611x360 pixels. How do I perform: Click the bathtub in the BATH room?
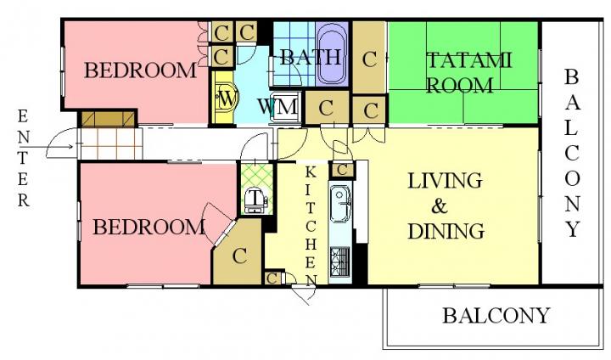[332, 53]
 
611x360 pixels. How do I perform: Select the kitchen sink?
[340, 205]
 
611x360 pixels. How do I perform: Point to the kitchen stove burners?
[340, 262]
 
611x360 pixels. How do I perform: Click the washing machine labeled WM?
[286, 106]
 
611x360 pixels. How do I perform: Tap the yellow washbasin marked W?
[224, 99]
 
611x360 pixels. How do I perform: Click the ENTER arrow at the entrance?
[51, 147]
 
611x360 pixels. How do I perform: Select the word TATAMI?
[468, 61]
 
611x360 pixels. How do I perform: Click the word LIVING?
[445, 182]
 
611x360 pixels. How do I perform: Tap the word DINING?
[446, 231]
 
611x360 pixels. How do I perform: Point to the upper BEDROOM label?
[140, 70]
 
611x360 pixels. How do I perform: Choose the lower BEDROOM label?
[149, 227]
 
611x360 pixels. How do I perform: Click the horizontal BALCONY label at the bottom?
[496, 315]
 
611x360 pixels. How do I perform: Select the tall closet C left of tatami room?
[369, 58]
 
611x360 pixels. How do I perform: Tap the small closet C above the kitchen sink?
[342, 170]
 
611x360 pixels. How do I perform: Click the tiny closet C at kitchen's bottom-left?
[272, 278]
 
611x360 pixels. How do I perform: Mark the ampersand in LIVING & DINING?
[440, 206]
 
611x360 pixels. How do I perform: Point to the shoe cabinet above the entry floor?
[108, 120]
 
